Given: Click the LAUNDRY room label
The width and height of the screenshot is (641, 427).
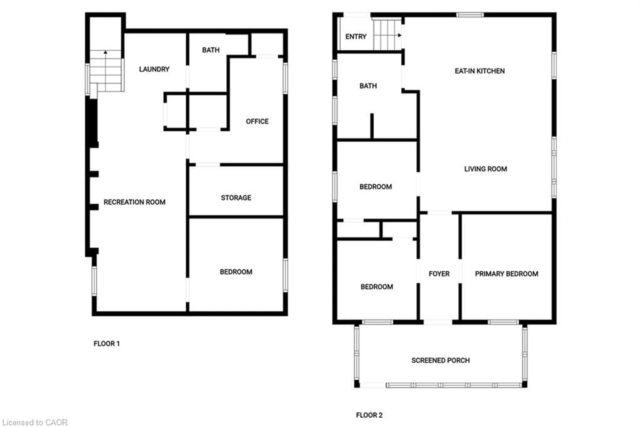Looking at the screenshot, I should point(154,69).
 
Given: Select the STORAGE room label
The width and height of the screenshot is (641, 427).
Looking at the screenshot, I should point(236,198).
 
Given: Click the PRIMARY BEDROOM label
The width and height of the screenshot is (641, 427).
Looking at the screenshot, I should point(506,274).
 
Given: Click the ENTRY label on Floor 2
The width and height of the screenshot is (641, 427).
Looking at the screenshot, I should point(356,37).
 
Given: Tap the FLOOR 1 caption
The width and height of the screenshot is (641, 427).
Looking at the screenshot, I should point(106,343).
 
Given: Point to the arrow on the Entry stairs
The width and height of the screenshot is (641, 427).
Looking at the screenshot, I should point(399,35).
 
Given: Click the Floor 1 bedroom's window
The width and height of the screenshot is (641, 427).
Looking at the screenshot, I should point(285,275).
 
